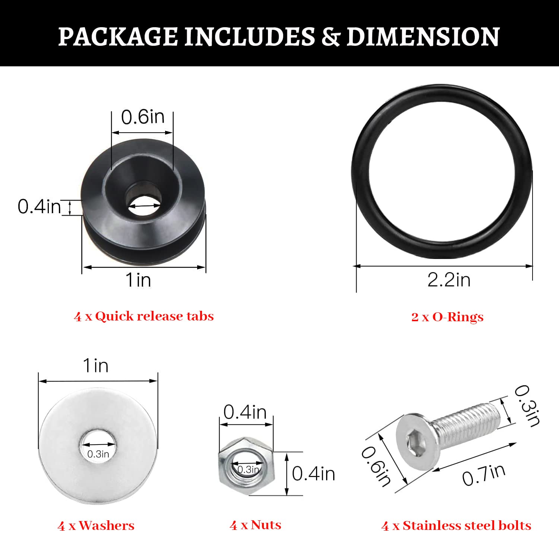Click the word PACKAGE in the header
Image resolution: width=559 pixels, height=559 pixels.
117,37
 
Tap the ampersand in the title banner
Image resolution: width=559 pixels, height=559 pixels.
330,37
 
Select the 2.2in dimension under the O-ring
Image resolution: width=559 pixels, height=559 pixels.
449,280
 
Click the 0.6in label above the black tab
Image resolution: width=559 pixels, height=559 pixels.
143,117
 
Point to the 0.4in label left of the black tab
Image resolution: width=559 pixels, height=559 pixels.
39,206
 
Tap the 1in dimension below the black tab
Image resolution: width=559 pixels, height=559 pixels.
138,280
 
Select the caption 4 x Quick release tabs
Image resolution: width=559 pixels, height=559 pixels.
144,316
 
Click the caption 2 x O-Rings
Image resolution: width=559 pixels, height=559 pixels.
447,317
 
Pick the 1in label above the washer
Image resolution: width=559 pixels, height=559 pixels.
96,366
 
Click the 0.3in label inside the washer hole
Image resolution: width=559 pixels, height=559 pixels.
98,454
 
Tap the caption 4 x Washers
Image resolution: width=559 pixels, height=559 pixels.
96,526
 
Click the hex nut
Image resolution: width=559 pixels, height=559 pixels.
246,467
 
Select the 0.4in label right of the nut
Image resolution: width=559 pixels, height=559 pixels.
313,474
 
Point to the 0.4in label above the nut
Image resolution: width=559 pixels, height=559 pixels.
245,413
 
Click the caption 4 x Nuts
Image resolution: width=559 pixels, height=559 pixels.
256,525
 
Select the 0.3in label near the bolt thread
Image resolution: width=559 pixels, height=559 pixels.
527,406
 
